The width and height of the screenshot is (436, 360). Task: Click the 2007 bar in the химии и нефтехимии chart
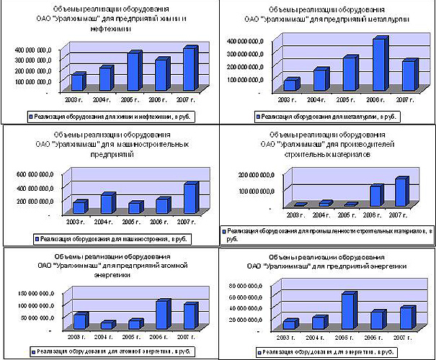tap(189, 70)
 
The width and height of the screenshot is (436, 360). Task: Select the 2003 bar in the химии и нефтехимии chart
tap(77, 83)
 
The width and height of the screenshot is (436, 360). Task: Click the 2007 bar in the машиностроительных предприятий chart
tap(190, 199)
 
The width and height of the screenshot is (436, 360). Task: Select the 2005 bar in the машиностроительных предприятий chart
tap(134, 208)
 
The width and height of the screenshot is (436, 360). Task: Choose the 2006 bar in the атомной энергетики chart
tap(163, 315)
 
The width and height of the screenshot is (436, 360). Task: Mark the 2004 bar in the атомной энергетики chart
tap(107, 325)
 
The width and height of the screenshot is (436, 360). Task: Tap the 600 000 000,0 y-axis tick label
tap(33, 175)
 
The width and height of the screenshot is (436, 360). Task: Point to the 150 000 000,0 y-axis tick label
tap(33, 294)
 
